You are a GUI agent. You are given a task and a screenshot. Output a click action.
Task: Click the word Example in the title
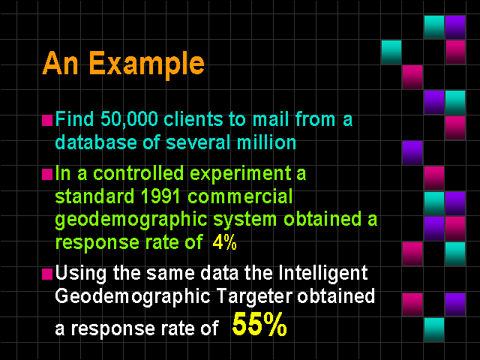click(x=147, y=64)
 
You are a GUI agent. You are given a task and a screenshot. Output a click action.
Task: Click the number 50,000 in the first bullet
click(x=129, y=119)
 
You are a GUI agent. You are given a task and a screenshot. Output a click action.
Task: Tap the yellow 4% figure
click(x=224, y=242)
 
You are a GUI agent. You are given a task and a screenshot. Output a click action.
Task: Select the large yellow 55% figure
click(x=259, y=325)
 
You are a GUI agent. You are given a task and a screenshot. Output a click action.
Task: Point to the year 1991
click(x=160, y=196)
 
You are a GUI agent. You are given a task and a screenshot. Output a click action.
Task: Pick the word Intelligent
click(x=323, y=273)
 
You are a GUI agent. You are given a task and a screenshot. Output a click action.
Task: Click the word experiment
click(x=240, y=174)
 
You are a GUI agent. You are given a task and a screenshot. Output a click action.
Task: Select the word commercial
click(x=240, y=196)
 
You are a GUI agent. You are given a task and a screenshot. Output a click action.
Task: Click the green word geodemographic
click(x=131, y=220)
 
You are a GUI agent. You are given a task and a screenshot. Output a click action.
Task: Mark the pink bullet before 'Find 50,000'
click(x=47, y=121)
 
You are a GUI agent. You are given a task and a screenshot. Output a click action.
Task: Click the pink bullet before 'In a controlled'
click(x=47, y=175)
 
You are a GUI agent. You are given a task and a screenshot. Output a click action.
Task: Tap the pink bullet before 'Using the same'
click(x=47, y=274)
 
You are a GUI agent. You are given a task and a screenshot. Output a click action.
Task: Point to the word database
click(x=96, y=142)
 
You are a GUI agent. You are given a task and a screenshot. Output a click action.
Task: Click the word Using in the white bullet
click(x=81, y=274)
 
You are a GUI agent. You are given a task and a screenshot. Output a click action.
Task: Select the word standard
click(x=94, y=196)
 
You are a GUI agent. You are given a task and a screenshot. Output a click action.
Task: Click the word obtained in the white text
click(x=336, y=295)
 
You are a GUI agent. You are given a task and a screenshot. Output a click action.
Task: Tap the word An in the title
click(x=60, y=63)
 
